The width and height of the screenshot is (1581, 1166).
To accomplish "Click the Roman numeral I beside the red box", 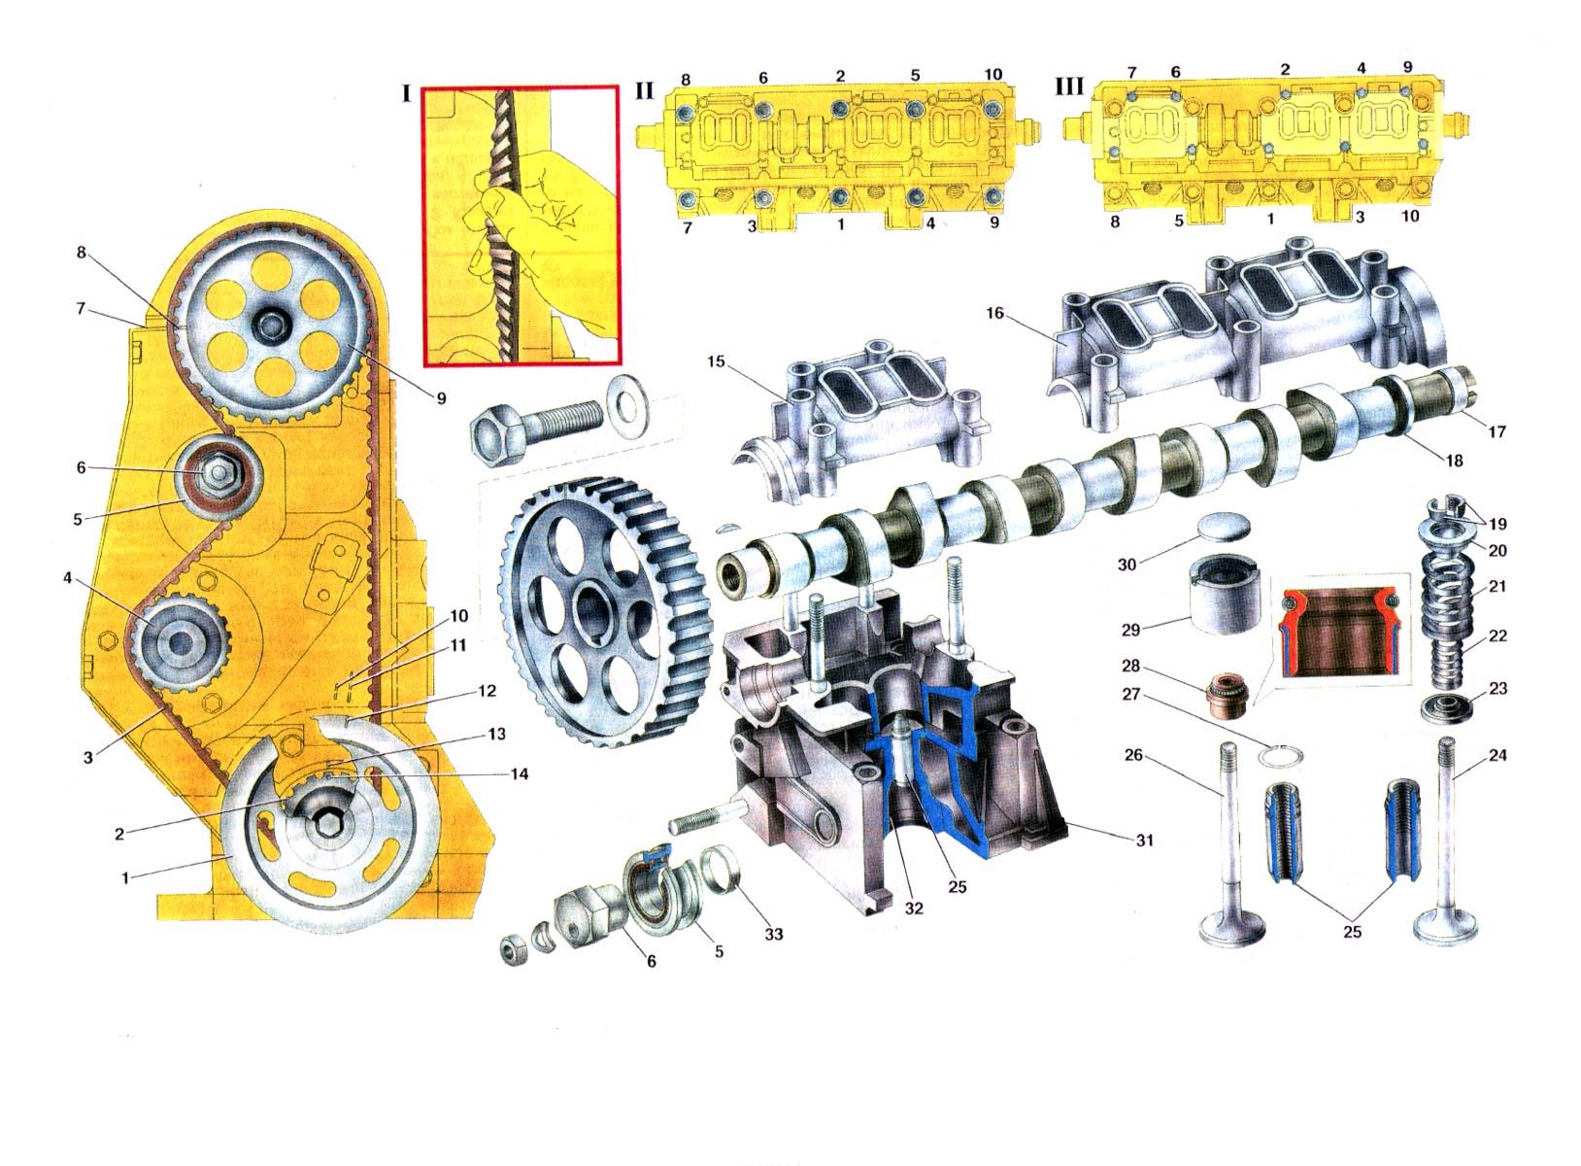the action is (406, 93).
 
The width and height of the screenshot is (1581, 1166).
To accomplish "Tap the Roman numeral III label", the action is (1068, 86).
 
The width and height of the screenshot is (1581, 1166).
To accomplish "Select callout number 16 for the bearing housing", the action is (994, 312).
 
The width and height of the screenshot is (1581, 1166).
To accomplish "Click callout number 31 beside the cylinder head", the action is (1144, 840).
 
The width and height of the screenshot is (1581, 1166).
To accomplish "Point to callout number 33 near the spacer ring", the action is (774, 934).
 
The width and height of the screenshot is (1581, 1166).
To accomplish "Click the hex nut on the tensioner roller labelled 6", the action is (216, 472).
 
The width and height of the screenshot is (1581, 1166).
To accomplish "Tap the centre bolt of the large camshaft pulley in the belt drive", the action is (267, 325).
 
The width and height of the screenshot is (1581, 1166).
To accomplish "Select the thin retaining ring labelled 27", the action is (1279, 756).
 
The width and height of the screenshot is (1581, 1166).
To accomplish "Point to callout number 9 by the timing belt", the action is (441, 398).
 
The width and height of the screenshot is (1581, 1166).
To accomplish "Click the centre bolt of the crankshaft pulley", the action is (326, 825).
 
